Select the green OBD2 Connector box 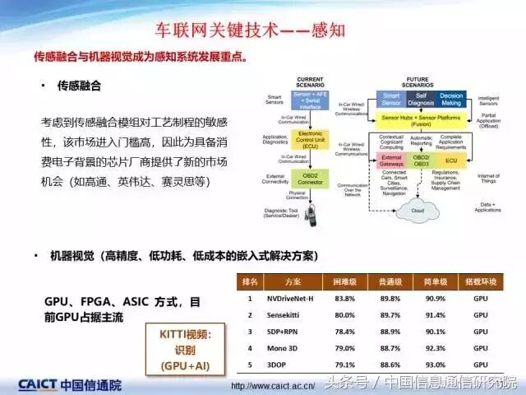click(311, 178)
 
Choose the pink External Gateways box click(392, 160)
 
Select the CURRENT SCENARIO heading click(311, 81)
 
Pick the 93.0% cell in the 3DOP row click(436, 364)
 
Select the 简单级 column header click(436, 281)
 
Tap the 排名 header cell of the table click(250, 281)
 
